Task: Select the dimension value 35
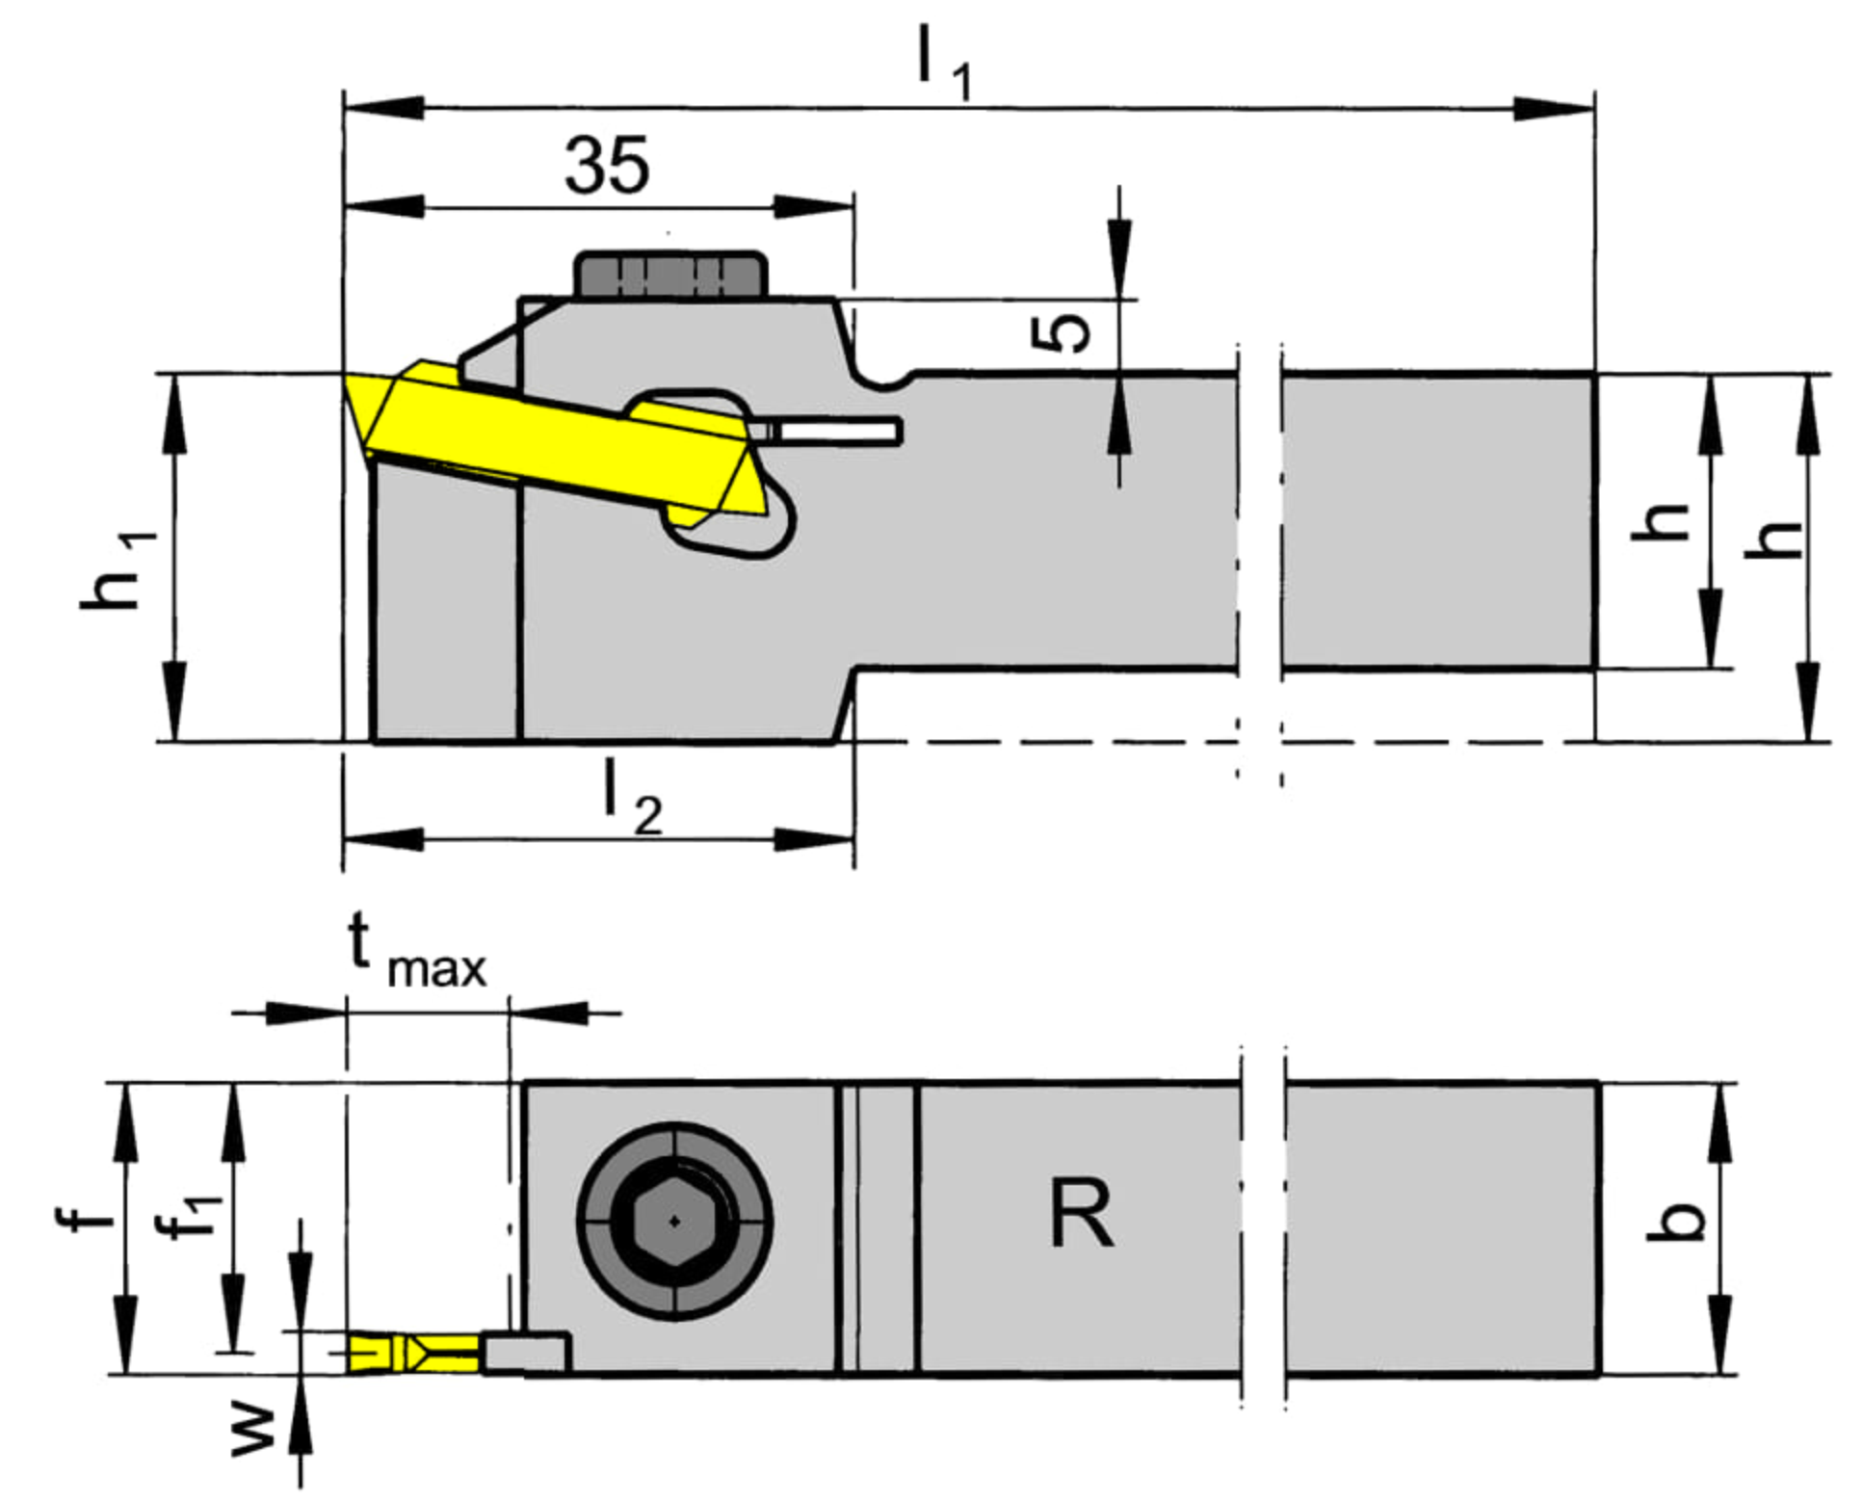click(x=607, y=166)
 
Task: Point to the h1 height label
click(x=118, y=570)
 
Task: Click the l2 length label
click(x=632, y=799)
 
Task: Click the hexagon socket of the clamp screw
click(x=673, y=1222)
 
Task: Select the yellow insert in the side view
click(x=555, y=445)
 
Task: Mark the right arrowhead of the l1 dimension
click(x=1554, y=108)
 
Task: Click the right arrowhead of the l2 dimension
click(x=814, y=839)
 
